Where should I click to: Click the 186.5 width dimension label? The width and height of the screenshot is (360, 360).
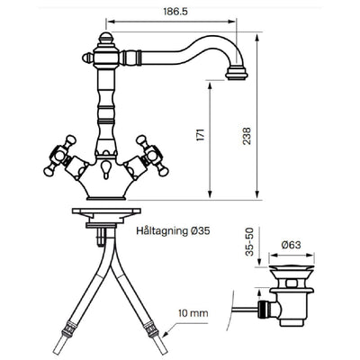[x=175, y=12]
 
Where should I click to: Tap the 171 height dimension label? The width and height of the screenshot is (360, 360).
[x=202, y=135]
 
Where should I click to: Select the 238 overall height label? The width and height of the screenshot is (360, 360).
[x=247, y=136]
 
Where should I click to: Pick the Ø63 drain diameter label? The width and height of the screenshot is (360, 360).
[x=291, y=245]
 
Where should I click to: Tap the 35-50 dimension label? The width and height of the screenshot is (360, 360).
[x=249, y=242]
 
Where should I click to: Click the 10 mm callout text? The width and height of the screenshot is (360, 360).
[x=193, y=313]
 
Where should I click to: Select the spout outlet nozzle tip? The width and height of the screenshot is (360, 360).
[x=237, y=74]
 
